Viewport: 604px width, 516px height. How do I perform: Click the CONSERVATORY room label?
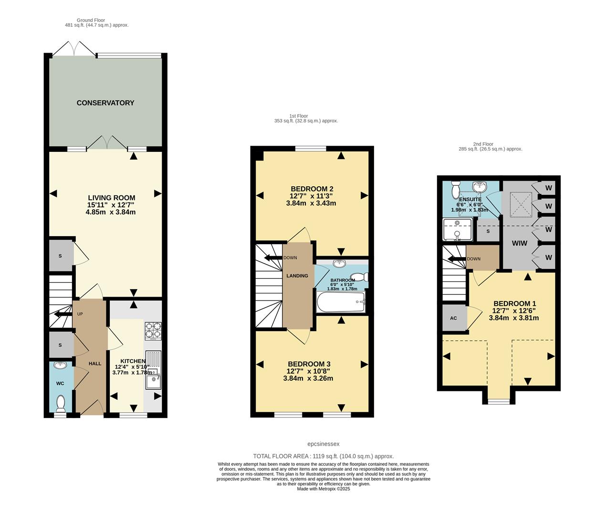[105, 103]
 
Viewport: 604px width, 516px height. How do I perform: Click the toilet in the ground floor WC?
[61, 404]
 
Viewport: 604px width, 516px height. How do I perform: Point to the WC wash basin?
[61, 366]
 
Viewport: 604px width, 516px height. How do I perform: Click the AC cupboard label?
[453, 318]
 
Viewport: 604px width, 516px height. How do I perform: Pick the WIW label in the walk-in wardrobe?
[520, 243]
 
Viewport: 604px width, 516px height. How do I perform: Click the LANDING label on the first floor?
[297, 276]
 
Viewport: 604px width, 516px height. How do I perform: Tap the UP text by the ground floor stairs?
[80, 314]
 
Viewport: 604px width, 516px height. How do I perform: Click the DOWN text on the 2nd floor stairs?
[474, 259]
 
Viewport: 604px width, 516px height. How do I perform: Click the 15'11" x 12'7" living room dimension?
[111, 205]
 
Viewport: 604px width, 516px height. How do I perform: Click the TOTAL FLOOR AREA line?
[323, 456]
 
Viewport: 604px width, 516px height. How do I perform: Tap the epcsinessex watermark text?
[323, 444]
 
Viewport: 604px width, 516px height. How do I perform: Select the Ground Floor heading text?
[91, 20]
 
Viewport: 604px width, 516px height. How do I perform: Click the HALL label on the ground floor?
[94, 364]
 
